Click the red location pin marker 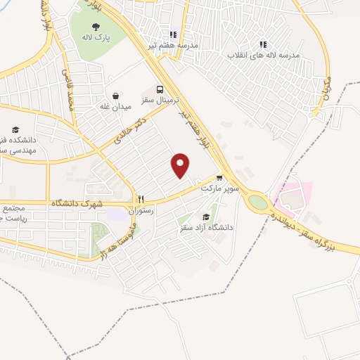pyautogui.click(x=181, y=165)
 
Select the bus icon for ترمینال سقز pyautogui.click(x=160, y=89)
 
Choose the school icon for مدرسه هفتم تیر pyautogui.click(x=172, y=34)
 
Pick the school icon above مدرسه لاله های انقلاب pyautogui.click(x=263, y=44)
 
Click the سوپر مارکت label pyautogui.click(x=220, y=188)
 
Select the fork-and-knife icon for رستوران pyautogui.click(x=141, y=200)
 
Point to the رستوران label pyautogui.click(x=141, y=210)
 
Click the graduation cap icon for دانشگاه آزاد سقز pyautogui.click(x=205, y=217)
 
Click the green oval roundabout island pyautogui.click(x=258, y=202)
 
